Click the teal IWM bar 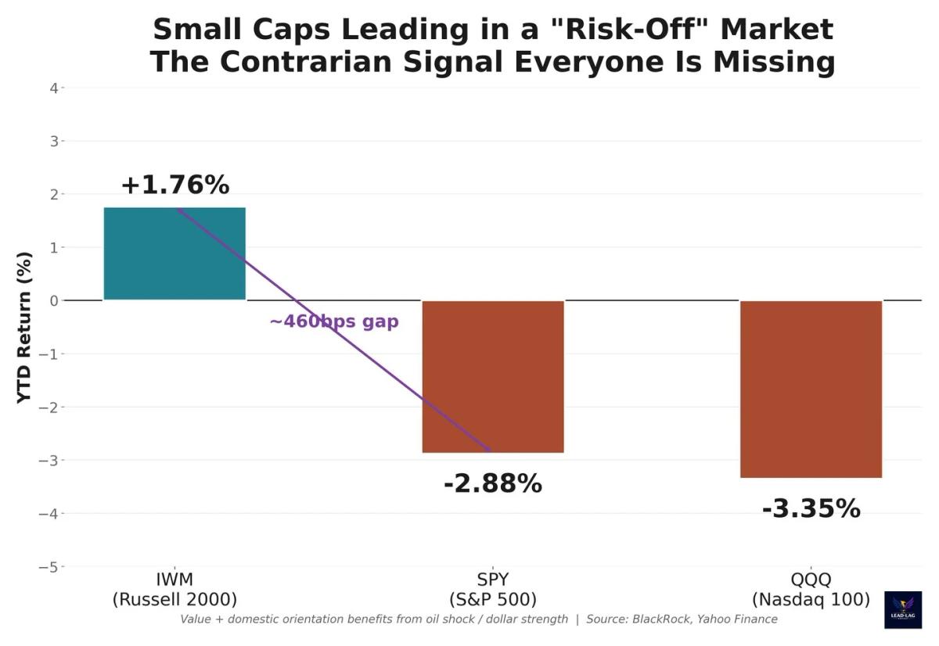point(174,253)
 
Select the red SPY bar point(493,376)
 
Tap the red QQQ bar point(811,389)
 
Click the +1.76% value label point(174,185)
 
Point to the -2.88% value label point(493,484)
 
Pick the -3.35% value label point(811,509)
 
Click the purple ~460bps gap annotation point(334,321)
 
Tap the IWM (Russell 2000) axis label point(174,590)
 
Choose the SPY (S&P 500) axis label point(493,590)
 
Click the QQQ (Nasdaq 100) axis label point(811,590)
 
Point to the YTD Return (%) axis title point(24,327)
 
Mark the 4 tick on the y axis point(53,88)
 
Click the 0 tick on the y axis point(53,300)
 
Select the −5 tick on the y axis point(49,566)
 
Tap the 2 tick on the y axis point(53,194)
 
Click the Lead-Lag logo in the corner point(902,610)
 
